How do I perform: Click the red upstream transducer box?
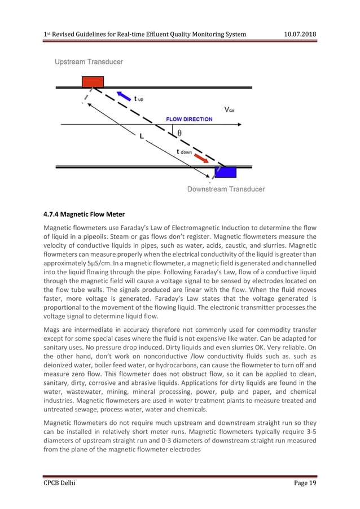[93, 81]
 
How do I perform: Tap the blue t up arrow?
[122, 94]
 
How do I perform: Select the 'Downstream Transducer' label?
[226, 189]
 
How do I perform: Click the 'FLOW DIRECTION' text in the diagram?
[189, 119]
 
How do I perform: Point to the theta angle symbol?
[179, 134]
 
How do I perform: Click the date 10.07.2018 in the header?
[299, 35]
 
